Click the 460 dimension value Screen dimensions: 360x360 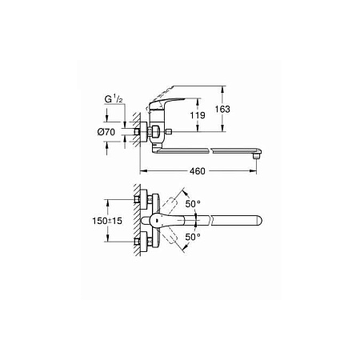[x=198, y=171]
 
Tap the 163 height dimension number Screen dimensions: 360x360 [x=222, y=109]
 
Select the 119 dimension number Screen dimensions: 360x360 [x=198, y=115]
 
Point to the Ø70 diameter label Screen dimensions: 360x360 [x=106, y=132]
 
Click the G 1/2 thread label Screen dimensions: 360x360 [x=114, y=99]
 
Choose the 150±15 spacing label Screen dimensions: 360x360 [x=107, y=221]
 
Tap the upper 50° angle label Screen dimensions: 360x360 [x=193, y=204]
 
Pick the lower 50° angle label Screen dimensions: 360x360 [x=193, y=237]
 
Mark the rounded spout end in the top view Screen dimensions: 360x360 [x=258, y=221]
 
